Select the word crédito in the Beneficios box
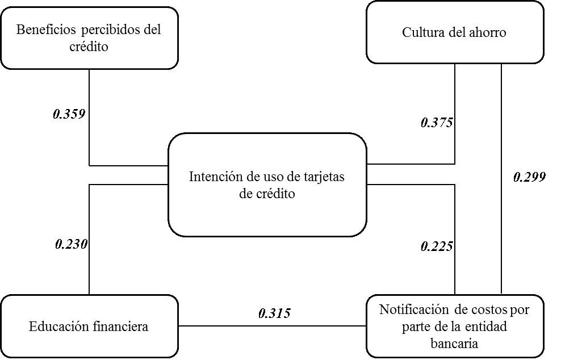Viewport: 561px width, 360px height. click(89, 47)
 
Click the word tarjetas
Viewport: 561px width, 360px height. click(323, 177)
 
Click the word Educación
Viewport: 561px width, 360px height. click(59, 326)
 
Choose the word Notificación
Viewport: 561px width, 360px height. click(413, 310)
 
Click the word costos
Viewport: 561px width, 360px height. click(489, 310)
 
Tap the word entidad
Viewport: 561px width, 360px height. click(486, 326)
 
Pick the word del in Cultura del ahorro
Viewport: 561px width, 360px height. click(454, 32)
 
